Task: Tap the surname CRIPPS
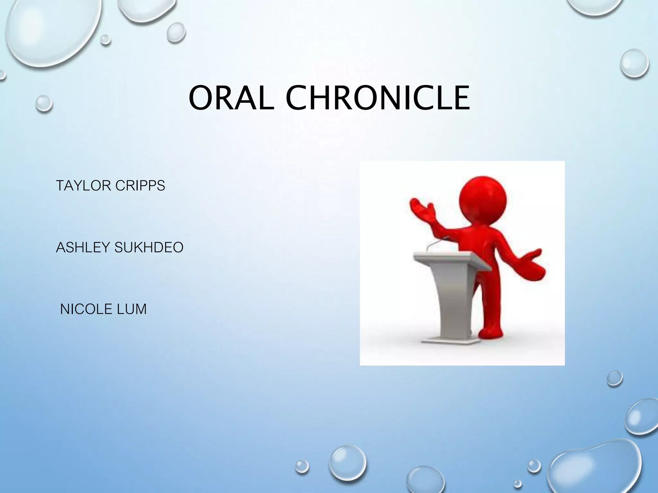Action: click(140, 186)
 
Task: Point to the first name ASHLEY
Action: click(83, 247)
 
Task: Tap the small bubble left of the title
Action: click(44, 103)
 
